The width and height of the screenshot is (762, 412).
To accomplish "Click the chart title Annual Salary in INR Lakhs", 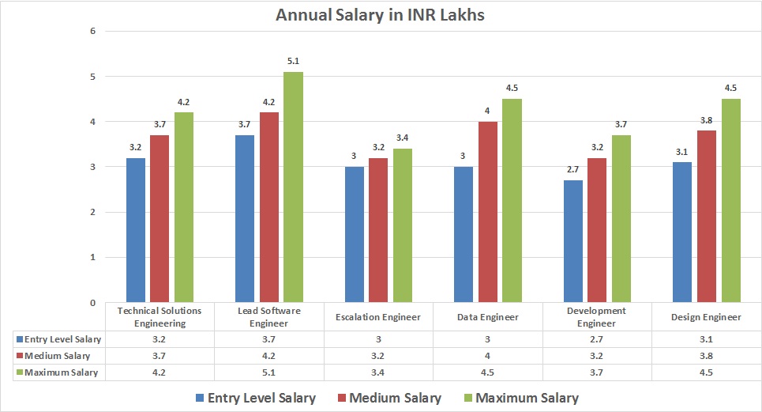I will pyautogui.click(x=381, y=15).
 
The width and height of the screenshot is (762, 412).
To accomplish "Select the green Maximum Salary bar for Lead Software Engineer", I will pyautogui.click(x=293, y=187).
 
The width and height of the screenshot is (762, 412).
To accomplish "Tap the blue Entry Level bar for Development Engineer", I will pyautogui.click(x=572, y=241).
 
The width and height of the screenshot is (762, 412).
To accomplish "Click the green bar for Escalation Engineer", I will pyautogui.click(x=403, y=225).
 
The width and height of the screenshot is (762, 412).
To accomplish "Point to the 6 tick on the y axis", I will pyautogui.click(x=93, y=32).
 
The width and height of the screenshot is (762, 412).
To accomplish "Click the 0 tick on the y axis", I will pyautogui.click(x=93, y=303).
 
